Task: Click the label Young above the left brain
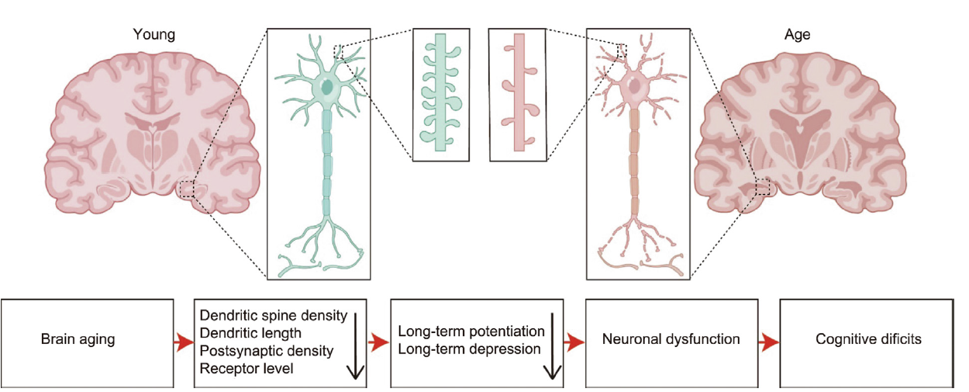[154, 34]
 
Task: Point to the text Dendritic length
[250, 334]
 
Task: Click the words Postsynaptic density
[266, 351]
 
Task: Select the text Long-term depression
[469, 349]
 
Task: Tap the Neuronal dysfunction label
[671, 339]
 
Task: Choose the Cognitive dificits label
[868, 339]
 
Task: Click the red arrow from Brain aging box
[184, 341]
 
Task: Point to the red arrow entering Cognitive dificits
[768, 341]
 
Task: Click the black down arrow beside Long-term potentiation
[552, 348]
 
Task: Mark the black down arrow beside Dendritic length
[355, 346]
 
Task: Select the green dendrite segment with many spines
[440, 94]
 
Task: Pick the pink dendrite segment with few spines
[518, 94]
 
